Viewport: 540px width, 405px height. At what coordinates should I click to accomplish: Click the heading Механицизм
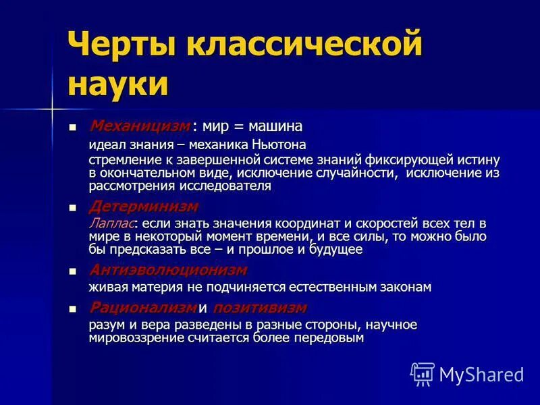140,126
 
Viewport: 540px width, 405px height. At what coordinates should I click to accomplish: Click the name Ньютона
279,144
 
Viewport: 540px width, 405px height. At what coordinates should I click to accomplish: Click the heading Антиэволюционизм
168,270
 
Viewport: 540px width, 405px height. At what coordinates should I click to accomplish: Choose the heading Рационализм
142,308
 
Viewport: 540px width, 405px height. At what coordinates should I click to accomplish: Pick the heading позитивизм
259,308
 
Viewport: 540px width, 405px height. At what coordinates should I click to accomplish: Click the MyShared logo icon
423,373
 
